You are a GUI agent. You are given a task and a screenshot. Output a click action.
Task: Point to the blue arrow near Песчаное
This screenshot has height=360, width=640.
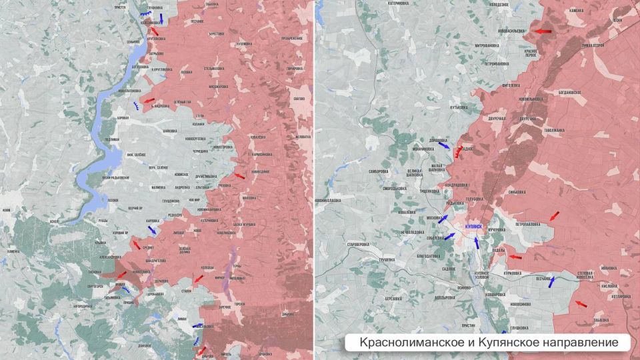pos(551,281)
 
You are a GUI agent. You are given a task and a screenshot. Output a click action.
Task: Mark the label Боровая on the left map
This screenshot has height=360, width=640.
pos(123,118)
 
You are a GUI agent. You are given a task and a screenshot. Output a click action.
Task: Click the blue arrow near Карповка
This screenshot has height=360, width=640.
pos(153,230)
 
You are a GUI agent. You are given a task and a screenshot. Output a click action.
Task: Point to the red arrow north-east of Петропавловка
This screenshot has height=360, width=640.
pos(554,215)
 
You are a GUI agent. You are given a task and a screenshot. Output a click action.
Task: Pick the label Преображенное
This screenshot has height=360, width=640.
pos(292,39)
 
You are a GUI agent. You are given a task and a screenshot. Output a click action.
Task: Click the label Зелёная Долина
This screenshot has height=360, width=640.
pos(185,249)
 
